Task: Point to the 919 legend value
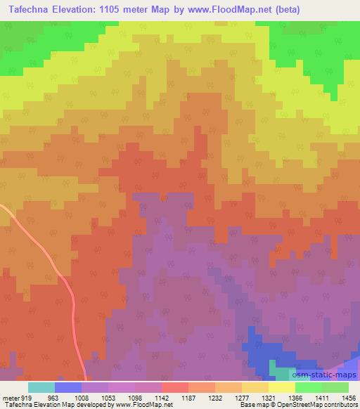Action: tap(27, 397)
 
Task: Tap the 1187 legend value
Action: tap(188, 397)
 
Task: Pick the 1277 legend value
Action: tap(241, 397)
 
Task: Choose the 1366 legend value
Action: tap(294, 397)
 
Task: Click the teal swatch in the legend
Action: tap(41, 387)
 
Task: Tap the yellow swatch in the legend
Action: tap(281, 387)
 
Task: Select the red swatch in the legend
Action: tap(174, 387)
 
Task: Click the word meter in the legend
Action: tap(10, 397)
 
